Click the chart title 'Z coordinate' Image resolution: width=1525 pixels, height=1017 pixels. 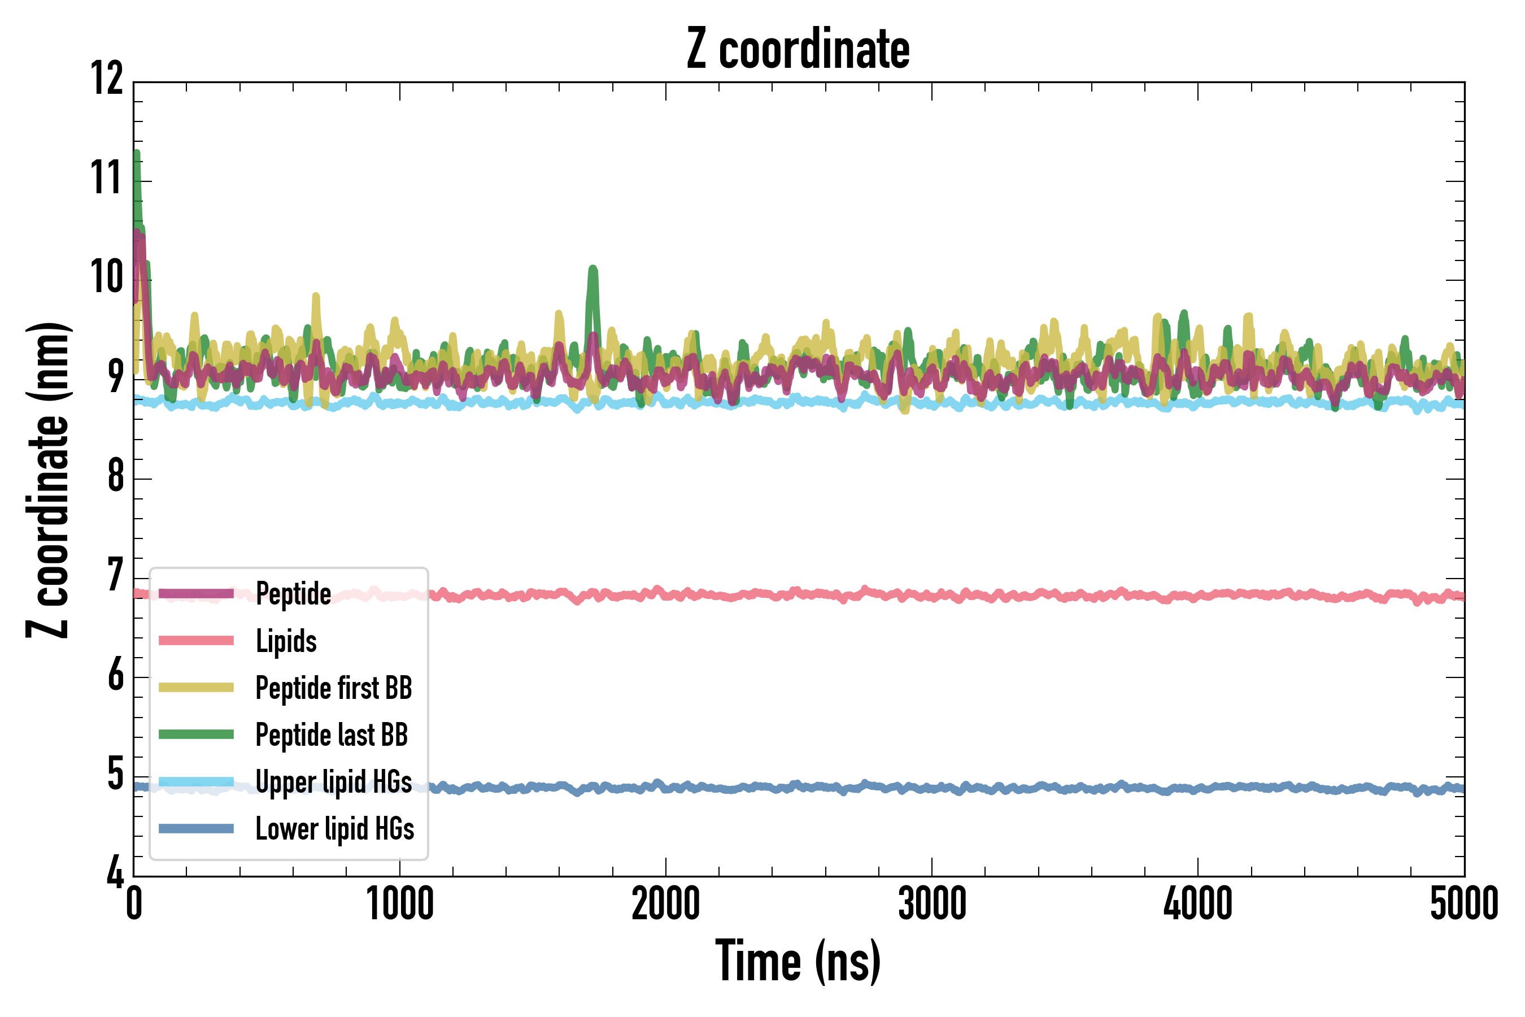click(798, 49)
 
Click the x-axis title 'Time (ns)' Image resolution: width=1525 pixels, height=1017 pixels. click(798, 961)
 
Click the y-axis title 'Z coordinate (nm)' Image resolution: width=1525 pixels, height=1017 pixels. click(48, 479)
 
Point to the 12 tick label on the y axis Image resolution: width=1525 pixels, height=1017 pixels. click(106, 79)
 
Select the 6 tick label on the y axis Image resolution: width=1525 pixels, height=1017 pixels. click(115, 675)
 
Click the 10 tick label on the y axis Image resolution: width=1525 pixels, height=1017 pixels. click(106, 277)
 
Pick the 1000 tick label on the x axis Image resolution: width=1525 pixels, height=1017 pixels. click(400, 903)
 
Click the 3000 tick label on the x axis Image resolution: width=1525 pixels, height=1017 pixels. click(932, 903)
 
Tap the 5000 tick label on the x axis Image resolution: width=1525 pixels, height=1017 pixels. click(1464, 903)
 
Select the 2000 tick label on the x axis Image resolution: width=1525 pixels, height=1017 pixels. click(666, 903)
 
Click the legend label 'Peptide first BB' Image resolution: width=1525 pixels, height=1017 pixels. click(334, 688)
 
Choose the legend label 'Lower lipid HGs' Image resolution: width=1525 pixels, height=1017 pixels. click(334, 829)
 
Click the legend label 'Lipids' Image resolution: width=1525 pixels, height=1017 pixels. click(286, 641)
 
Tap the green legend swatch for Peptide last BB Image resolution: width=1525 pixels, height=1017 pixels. click(196, 734)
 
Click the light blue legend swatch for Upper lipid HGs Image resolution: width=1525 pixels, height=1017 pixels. click(196, 781)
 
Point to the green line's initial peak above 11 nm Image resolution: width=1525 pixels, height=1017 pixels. click(137, 154)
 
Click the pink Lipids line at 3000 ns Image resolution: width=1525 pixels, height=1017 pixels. click(932, 595)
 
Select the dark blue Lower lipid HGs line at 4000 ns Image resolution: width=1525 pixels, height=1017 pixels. click(1197, 789)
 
